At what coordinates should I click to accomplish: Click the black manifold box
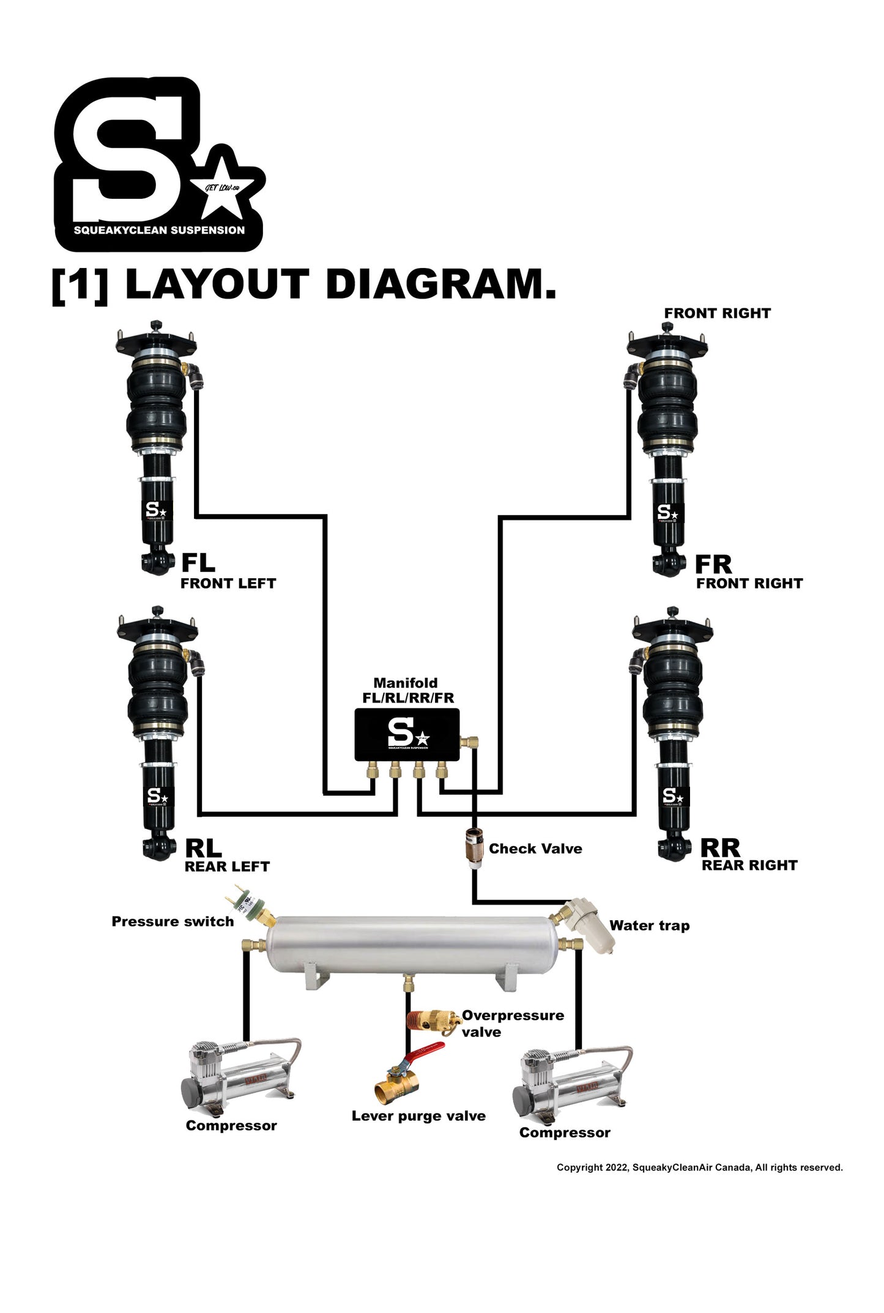tap(407, 734)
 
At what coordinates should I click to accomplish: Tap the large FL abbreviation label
tap(198, 562)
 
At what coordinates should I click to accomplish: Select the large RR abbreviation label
tap(720, 848)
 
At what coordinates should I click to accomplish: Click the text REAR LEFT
tap(227, 866)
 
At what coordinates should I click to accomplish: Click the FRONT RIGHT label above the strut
tap(717, 313)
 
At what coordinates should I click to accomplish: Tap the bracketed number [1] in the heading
tap(80, 285)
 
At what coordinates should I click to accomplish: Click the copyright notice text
tap(699, 1167)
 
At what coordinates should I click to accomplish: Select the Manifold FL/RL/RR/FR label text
tap(407, 691)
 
